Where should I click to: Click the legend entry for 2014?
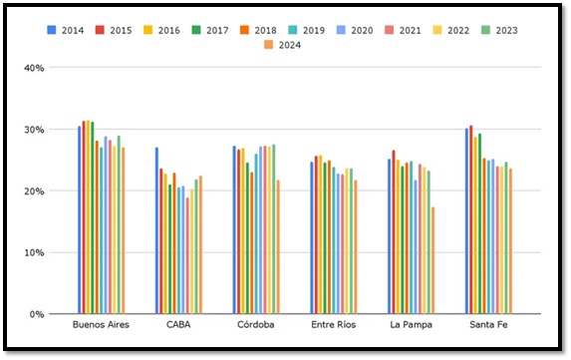click(67, 30)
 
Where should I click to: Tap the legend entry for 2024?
click(285, 46)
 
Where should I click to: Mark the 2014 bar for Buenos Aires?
click(80, 220)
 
